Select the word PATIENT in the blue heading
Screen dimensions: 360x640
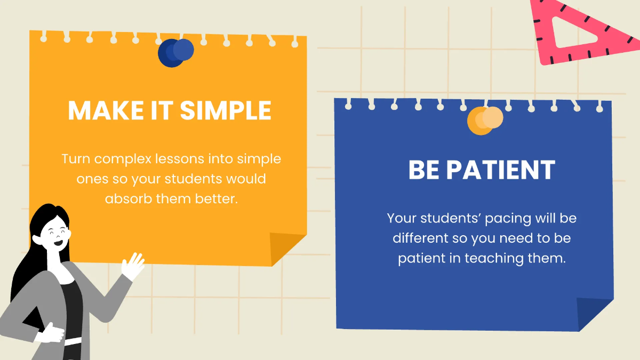[x=500, y=170]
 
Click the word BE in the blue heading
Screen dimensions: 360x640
[x=424, y=170]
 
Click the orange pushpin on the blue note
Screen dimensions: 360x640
[x=485, y=121]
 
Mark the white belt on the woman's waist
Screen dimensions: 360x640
[x=73, y=340]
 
